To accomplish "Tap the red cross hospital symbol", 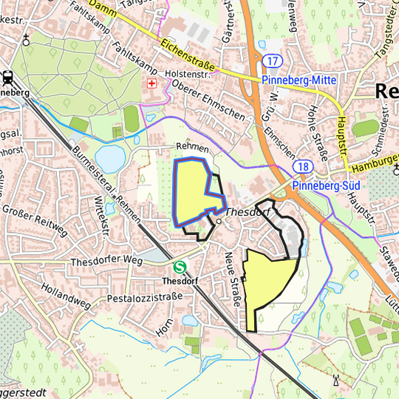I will [153, 83].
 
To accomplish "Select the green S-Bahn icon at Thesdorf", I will [179, 266].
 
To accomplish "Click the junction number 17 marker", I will [273, 61].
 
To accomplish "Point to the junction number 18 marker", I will [304, 168].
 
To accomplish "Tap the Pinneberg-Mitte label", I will [299, 80].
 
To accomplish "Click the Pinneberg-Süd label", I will [325, 185].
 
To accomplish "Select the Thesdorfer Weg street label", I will [106, 262].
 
